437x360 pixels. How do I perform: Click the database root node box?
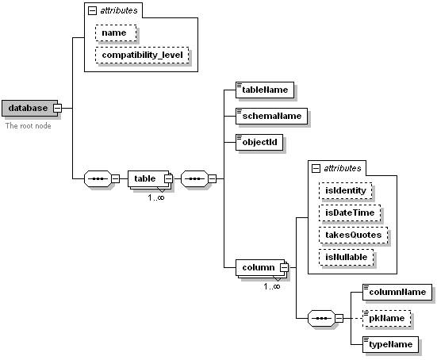[x=27, y=108]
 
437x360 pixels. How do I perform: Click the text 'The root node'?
[x=28, y=125]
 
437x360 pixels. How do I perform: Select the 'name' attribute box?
[x=116, y=33]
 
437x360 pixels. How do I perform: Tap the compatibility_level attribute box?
[x=142, y=55]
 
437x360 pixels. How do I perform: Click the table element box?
[x=146, y=178]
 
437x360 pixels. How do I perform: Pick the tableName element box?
[x=266, y=90]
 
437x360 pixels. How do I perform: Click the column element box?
[x=257, y=267]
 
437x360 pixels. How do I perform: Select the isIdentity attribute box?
[x=345, y=190]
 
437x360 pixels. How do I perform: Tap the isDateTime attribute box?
[x=349, y=213]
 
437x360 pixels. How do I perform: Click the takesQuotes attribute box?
[x=353, y=235]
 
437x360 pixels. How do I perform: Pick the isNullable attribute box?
[x=347, y=257]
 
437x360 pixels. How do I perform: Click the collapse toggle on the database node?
[x=57, y=108]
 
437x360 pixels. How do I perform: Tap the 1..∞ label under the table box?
[x=155, y=197]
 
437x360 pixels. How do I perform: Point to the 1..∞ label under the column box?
[x=271, y=285]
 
